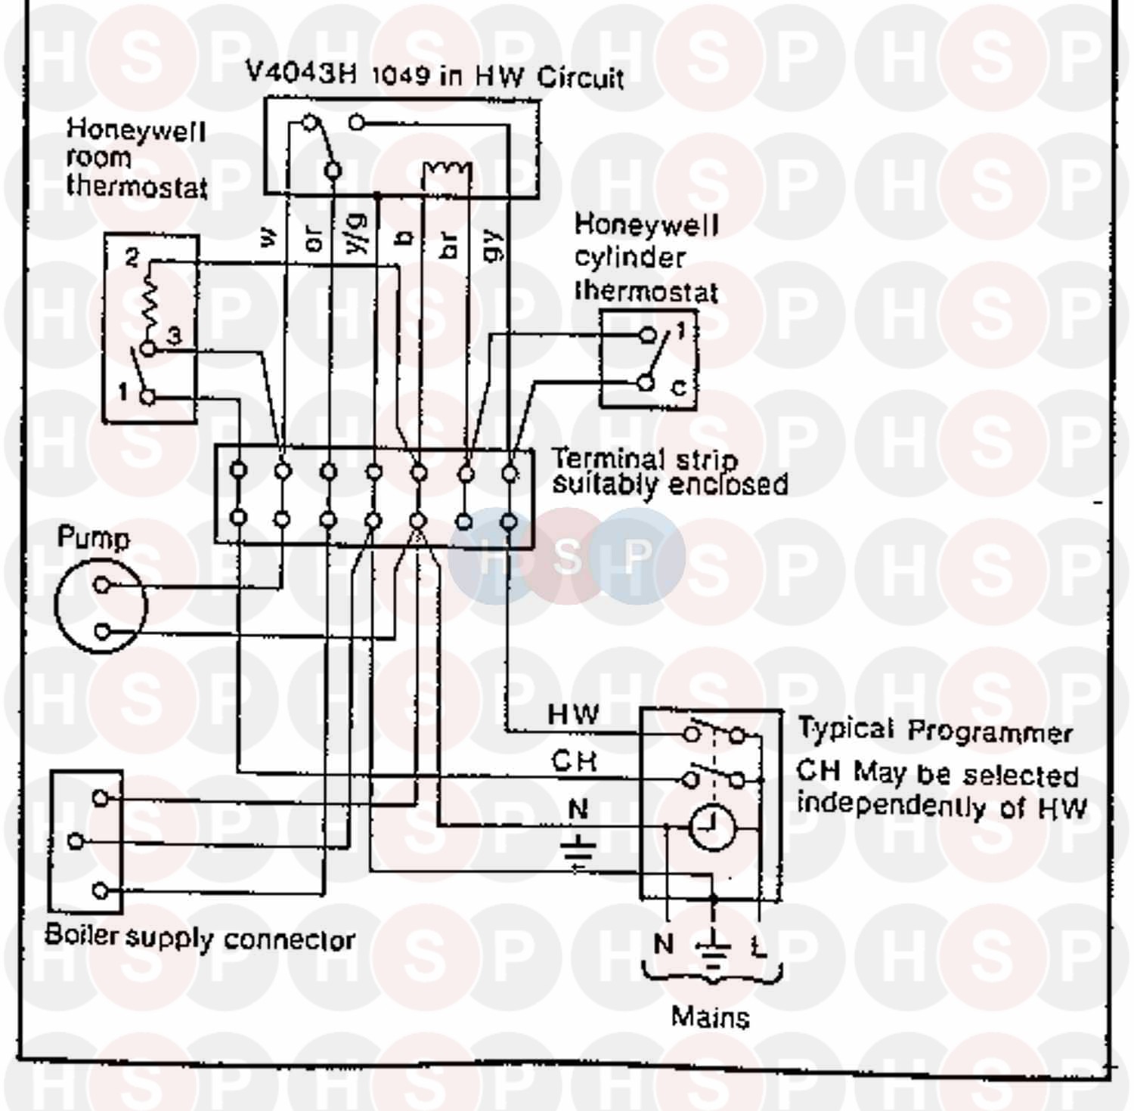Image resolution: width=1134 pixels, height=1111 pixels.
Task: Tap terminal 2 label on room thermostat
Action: pyautogui.click(x=132, y=258)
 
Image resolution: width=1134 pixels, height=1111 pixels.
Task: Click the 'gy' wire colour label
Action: pyautogui.click(x=492, y=245)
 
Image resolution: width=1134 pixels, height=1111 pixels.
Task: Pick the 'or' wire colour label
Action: pyautogui.click(x=313, y=240)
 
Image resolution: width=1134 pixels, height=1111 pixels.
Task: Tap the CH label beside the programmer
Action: pyautogui.click(x=574, y=761)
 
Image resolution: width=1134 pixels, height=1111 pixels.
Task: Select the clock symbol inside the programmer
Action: pyautogui.click(x=711, y=826)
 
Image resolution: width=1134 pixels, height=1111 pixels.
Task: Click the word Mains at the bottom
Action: pyautogui.click(x=710, y=1017)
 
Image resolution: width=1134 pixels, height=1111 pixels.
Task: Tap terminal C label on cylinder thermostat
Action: pyautogui.click(x=679, y=388)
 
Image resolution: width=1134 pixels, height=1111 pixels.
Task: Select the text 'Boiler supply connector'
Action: pyautogui.click(x=200, y=938)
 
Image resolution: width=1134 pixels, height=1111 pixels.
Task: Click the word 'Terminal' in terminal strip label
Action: pyautogui.click(x=607, y=459)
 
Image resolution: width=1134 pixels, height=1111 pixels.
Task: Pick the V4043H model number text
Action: pyautogui.click(x=301, y=73)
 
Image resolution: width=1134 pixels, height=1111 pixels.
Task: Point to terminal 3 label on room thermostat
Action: pyautogui.click(x=174, y=336)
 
